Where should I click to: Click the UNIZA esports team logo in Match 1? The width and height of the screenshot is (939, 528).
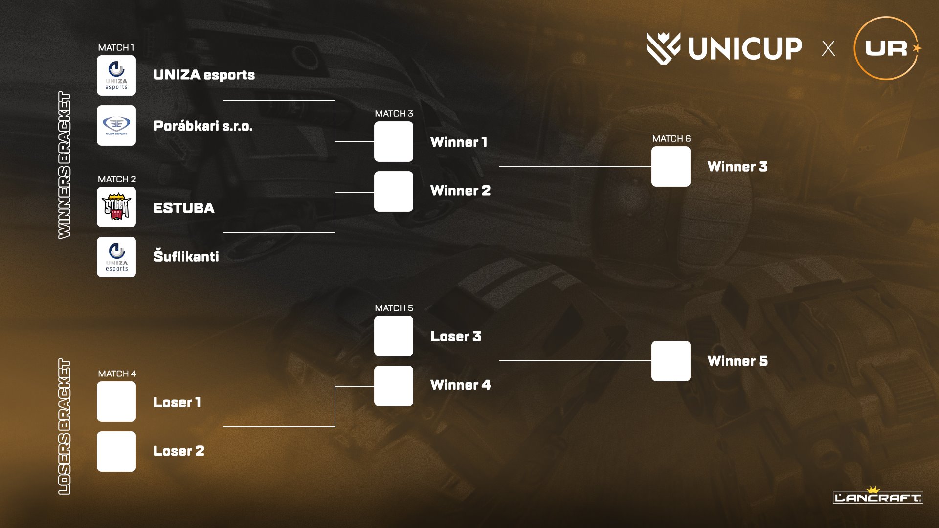click(x=116, y=75)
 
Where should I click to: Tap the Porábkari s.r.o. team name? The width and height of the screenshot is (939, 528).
click(x=203, y=126)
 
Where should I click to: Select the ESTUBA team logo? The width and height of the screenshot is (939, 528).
click(x=116, y=207)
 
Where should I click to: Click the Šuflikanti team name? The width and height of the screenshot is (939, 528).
click(x=186, y=256)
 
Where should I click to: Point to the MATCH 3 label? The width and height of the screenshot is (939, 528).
click(x=394, y=114)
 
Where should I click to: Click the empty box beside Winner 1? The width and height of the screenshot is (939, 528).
click(x=394, y=142)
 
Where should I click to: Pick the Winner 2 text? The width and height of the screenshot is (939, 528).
click(x=460, y=191)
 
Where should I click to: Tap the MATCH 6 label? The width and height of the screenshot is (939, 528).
click(x=671, y=139)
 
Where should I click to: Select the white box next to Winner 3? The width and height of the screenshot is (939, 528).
click(x=671, y=167)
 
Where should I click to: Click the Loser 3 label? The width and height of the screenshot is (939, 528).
click(x=456, y=336)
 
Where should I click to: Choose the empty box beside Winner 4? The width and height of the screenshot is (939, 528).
click(x=394, y=386)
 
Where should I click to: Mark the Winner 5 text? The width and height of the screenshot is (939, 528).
click(x=738, y=361)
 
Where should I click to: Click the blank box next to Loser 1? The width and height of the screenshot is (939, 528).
click(x=116, y=402)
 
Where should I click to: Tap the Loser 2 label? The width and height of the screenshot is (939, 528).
click(x=179, y=451)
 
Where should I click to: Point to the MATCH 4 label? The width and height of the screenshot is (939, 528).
click(x=117, y=374)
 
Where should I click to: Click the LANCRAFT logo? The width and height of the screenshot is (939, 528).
click(x=878, y=497)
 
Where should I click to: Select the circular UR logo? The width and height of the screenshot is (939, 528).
click(x=886, y=48)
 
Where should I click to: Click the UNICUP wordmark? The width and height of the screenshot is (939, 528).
click(x=744, y=48)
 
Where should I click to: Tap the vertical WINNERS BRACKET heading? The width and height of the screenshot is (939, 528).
click(x=65, y=165)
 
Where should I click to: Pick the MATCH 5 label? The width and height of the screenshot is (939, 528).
click(x=394, y=308)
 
